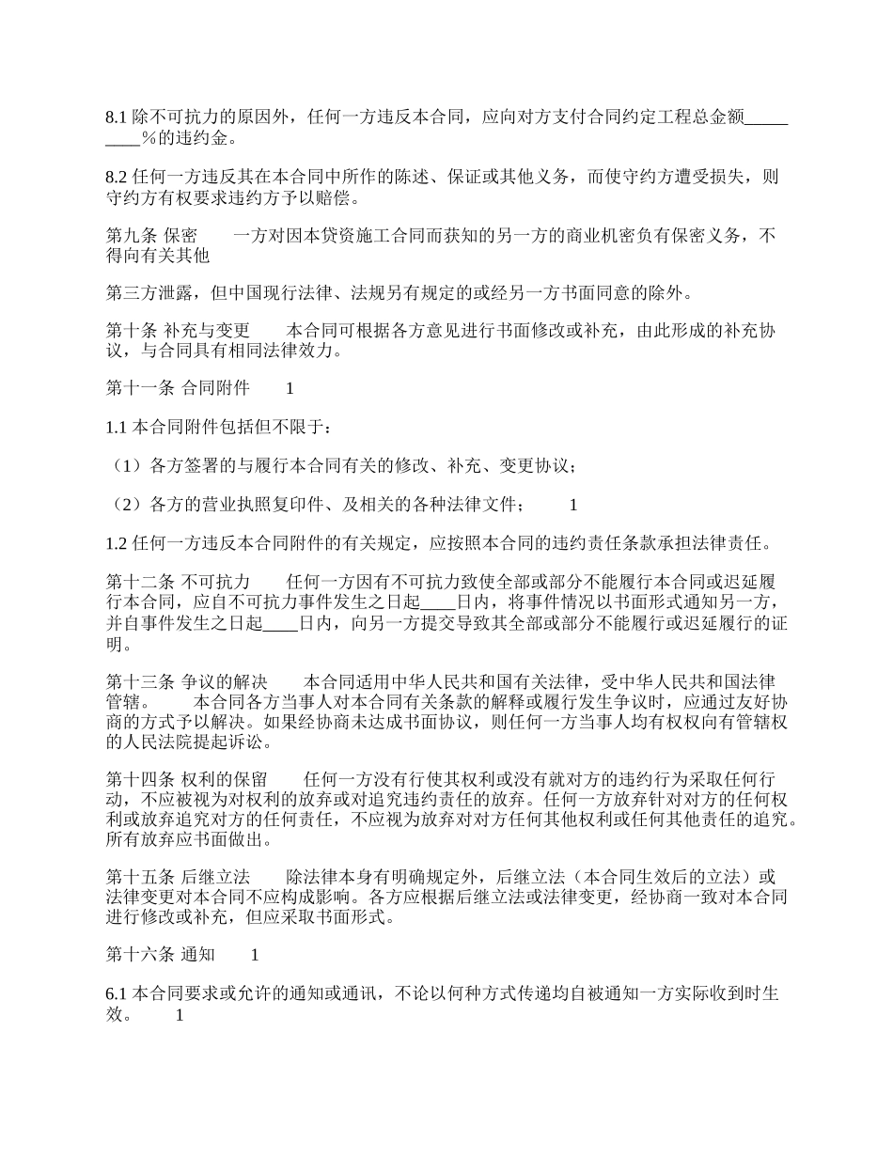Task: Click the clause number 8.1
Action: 116,118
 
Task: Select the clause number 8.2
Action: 116,177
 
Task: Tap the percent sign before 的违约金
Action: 148,140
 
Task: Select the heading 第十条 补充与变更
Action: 178,331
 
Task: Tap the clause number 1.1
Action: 116,428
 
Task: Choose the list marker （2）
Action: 127,505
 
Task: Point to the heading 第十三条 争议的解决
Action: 186,681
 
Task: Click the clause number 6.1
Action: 116,993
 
